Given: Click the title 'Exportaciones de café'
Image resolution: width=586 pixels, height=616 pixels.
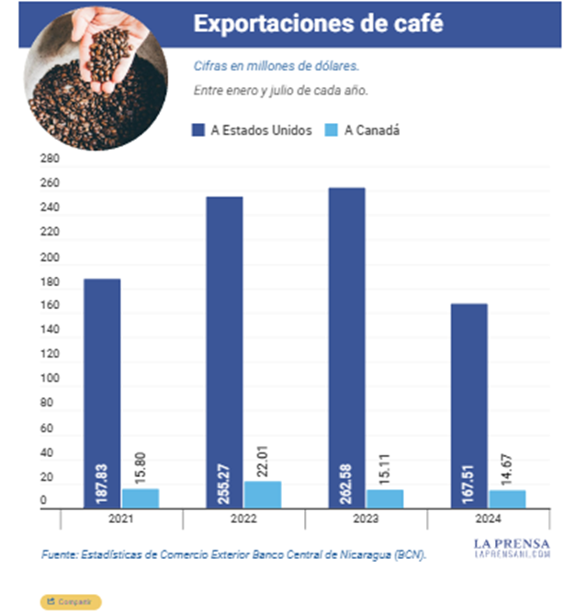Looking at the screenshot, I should click(x=318, y=25).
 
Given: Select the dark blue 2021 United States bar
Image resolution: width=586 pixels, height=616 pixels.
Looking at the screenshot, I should click(x=103, y=391).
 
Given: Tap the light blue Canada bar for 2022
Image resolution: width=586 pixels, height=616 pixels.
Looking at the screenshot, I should click(x=263, y=494).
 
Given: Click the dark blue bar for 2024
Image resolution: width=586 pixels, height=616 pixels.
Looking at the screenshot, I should click(x=469, y=405).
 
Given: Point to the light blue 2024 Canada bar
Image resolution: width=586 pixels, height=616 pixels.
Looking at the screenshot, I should click(x=508, y=497).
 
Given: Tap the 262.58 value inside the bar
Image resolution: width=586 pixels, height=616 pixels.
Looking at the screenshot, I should click(x=348, y=475).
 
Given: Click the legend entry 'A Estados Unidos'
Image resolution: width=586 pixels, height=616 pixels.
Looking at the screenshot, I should click(x=254, y=131).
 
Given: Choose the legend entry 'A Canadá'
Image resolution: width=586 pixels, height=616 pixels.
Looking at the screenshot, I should click(x=364, y=131).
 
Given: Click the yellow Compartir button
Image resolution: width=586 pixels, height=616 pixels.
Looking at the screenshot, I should click(x=71, y=601).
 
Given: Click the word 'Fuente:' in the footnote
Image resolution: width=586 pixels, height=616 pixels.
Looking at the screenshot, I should click(x=61, y=555).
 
